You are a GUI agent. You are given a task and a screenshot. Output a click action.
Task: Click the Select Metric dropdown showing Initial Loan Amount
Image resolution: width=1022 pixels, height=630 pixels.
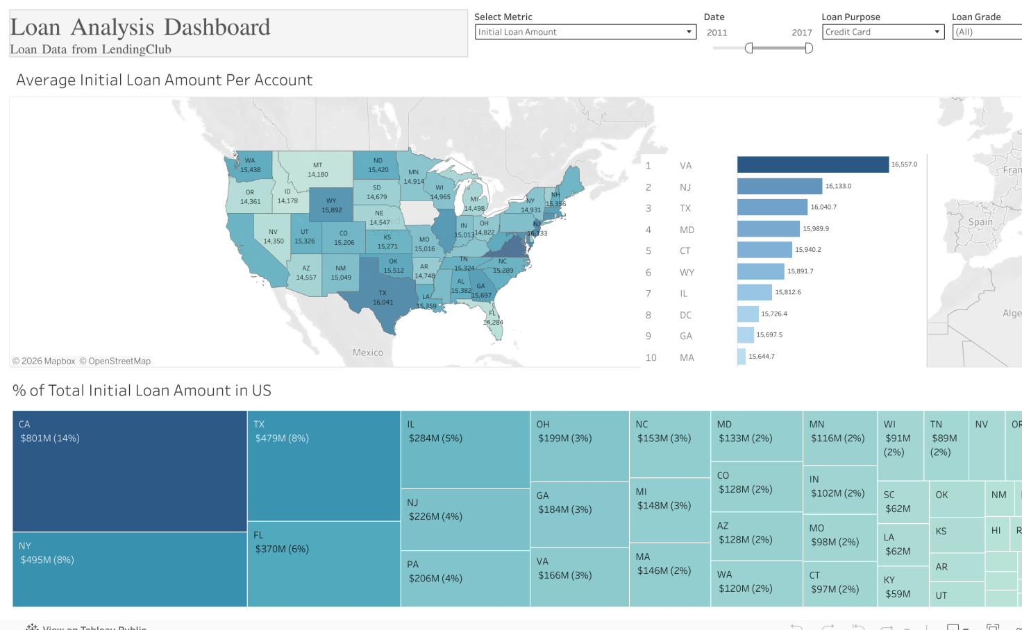[x=585, y=32]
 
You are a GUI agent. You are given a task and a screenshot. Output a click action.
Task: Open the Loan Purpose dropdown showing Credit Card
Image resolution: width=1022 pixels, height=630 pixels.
[x=882, y=32]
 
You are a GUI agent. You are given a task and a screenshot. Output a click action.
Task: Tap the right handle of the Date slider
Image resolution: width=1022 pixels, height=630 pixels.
[x=809, y=48]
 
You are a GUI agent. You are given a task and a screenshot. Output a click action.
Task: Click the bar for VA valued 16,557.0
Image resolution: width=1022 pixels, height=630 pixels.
[x=812, y=164]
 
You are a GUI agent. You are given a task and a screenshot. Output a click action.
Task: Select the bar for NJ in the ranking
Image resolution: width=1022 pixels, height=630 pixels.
[x=779, y=186]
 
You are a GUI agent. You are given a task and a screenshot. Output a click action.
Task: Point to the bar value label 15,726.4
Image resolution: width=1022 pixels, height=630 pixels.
[x=773, y=314]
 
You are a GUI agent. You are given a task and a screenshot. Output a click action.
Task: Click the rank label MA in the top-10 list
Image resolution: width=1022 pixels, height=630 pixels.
[x=687, y=357]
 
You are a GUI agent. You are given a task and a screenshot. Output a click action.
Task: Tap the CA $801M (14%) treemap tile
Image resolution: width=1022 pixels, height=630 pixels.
[x=130, y=472]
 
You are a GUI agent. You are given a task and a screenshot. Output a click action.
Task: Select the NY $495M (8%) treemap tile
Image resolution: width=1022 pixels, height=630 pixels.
[x=130, y=570]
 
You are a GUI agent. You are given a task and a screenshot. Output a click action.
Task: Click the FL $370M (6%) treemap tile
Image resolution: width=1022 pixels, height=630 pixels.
[x=324, y=564]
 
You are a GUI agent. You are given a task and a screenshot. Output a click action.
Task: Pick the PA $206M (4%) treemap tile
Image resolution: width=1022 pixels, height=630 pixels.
[x=465, y=579]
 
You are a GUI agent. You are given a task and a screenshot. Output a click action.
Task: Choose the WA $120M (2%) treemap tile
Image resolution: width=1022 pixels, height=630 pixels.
[x=756, y=584]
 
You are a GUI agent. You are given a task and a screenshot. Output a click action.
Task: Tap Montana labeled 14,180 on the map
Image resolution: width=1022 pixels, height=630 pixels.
[x=317, y=169]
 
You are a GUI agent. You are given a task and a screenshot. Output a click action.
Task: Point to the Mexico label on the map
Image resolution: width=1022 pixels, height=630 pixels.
[x=368, y=352]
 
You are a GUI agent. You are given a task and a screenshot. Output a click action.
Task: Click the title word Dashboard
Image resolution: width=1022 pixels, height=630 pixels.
[x=217, y=27]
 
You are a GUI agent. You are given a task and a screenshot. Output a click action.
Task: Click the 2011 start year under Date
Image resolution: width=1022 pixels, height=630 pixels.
[x=717, y=33]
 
